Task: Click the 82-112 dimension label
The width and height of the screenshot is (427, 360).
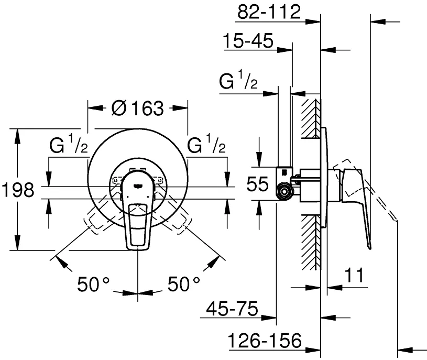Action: point(269,12)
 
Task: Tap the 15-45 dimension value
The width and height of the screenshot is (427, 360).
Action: point(248,41)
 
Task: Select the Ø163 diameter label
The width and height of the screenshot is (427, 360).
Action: point(137,108)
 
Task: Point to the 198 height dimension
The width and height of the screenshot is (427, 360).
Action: point(18,190)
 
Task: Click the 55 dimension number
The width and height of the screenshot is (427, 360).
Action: point(257,184)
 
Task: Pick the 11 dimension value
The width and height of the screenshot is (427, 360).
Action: point(354,275)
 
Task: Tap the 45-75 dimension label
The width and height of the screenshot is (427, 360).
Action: point(232,309)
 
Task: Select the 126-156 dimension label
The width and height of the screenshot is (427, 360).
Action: point(265,340)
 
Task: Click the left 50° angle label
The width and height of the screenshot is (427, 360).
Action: point(93,284)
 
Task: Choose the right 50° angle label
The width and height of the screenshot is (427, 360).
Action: point(183,284)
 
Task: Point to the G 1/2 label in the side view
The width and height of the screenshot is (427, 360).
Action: point(238,80)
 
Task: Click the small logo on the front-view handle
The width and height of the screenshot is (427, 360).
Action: point(137,186)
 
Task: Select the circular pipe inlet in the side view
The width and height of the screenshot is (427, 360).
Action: point(284,192)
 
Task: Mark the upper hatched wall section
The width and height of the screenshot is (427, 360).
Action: point(311,119)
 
